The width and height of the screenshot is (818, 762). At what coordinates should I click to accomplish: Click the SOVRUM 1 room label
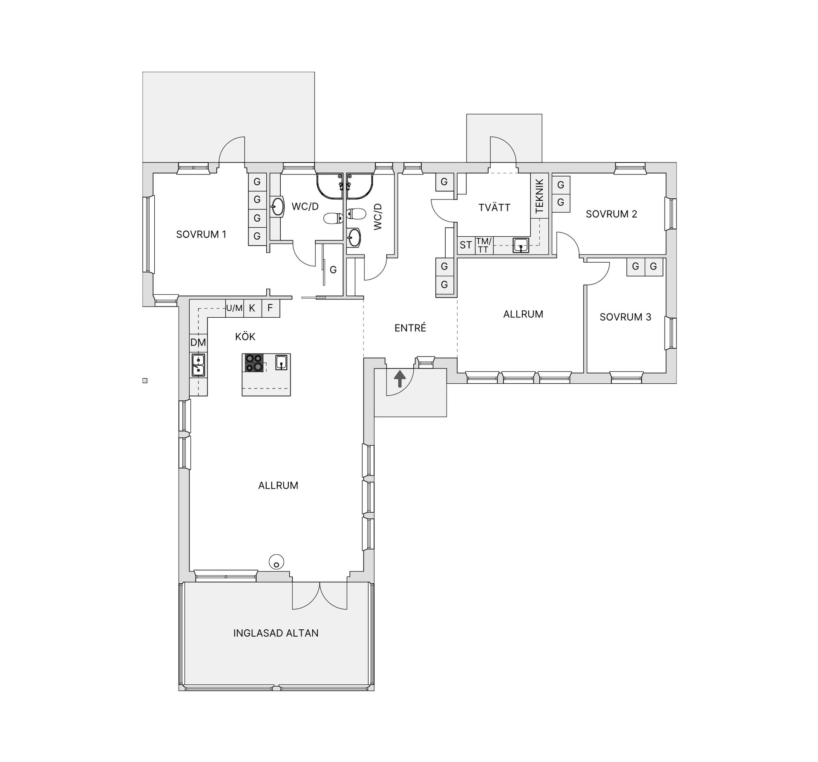[201, 234]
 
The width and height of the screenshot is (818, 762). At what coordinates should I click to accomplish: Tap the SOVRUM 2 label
[611, 214]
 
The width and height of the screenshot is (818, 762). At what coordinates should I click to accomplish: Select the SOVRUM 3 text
[625, 317]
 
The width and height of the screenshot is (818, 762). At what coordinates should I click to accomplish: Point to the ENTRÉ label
[410, 327]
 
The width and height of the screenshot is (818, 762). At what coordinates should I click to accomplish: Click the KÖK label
[245, 336]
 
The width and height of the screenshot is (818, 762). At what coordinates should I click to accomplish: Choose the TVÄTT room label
[494, 207]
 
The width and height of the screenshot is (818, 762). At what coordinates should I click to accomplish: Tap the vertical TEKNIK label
[539, 196]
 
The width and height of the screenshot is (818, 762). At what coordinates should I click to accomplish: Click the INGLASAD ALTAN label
[276, 633]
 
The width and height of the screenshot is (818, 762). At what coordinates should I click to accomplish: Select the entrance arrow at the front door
[399, 379]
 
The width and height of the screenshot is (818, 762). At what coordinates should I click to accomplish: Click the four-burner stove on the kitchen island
[254, 363]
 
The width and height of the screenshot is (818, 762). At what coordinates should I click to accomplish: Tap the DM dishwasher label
[198, 342]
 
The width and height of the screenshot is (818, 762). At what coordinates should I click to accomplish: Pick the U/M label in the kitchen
[234, 308]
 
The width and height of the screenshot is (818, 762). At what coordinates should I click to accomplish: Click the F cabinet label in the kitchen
[270, 308]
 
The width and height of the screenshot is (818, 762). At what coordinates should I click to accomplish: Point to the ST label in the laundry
[466, 245]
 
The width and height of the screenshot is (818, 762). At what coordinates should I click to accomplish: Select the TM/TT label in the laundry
[484, 246]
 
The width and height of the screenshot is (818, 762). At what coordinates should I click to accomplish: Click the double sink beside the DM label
[198, 365]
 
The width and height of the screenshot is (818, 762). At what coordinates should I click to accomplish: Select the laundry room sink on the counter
[521, 246]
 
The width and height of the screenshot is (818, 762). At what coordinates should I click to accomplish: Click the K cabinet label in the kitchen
[252, 308]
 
